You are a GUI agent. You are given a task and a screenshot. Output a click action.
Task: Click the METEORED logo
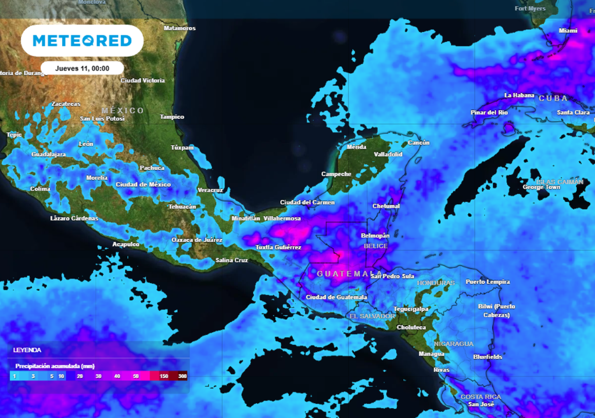tap(82, 41)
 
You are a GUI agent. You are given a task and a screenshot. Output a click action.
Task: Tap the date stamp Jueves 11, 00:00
tap(82, 68)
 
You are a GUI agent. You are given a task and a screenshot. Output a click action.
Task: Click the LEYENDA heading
tap(27, 351)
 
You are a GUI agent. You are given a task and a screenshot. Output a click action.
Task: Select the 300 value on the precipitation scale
tap(182, 376)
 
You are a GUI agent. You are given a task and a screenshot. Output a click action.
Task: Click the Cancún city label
tap(418, 143)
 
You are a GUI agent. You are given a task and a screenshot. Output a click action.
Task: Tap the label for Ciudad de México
tap(144, 185)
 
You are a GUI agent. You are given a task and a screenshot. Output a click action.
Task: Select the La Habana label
tap(519, 95)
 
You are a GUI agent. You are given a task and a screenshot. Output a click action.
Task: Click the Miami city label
tap(568, 30)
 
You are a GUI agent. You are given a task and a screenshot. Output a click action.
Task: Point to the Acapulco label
tap(126, 244)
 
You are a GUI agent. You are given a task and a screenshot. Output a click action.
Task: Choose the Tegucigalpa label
tap(411, 309)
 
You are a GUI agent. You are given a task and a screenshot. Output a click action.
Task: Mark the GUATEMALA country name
tap(349, 273)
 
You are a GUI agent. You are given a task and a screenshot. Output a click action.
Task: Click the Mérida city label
tap(356, 147)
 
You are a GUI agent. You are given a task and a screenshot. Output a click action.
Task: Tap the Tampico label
tap(172, 117)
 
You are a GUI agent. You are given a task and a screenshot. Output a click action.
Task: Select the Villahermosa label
tap(282, 218)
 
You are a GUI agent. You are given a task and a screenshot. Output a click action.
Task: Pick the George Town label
tap(542, 188)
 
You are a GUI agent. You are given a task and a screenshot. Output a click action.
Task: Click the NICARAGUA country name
tap(454, 343)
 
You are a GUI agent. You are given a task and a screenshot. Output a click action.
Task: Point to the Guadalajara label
tap(48, 154)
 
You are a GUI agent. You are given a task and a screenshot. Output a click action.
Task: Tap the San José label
tap(481, 404)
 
